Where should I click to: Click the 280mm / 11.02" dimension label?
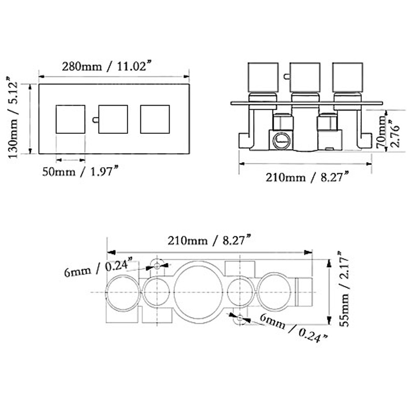(107, 66)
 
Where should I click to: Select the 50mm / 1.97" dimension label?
(81, 172)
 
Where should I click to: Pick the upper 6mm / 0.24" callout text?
(98, 268)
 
